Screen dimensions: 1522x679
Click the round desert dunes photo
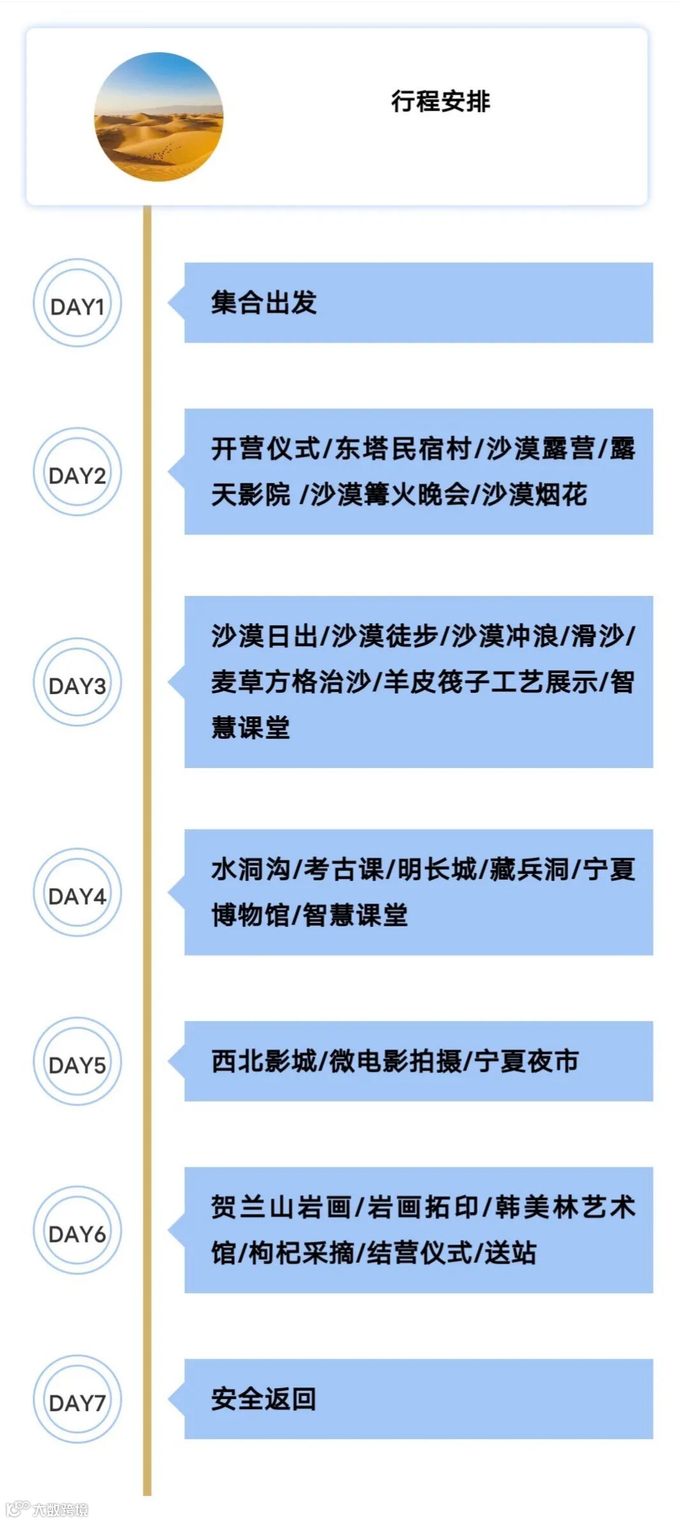159,117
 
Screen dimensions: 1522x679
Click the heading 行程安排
440,101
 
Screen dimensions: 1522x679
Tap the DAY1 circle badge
77,304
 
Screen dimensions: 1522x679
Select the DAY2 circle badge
77,473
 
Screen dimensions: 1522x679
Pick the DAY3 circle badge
77,683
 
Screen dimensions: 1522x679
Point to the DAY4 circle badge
77,894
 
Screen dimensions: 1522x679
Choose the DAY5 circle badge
77,1063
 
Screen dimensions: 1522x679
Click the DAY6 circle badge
77,1232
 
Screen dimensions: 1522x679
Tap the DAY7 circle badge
77,1401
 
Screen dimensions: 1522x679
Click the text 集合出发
264,302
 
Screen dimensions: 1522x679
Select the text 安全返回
264,1400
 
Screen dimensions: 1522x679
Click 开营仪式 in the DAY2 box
265,448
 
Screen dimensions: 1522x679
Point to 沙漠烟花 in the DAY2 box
534,494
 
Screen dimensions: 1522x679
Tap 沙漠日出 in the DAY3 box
264,636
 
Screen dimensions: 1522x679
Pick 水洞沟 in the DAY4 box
250,869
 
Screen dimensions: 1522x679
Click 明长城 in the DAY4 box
437,869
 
